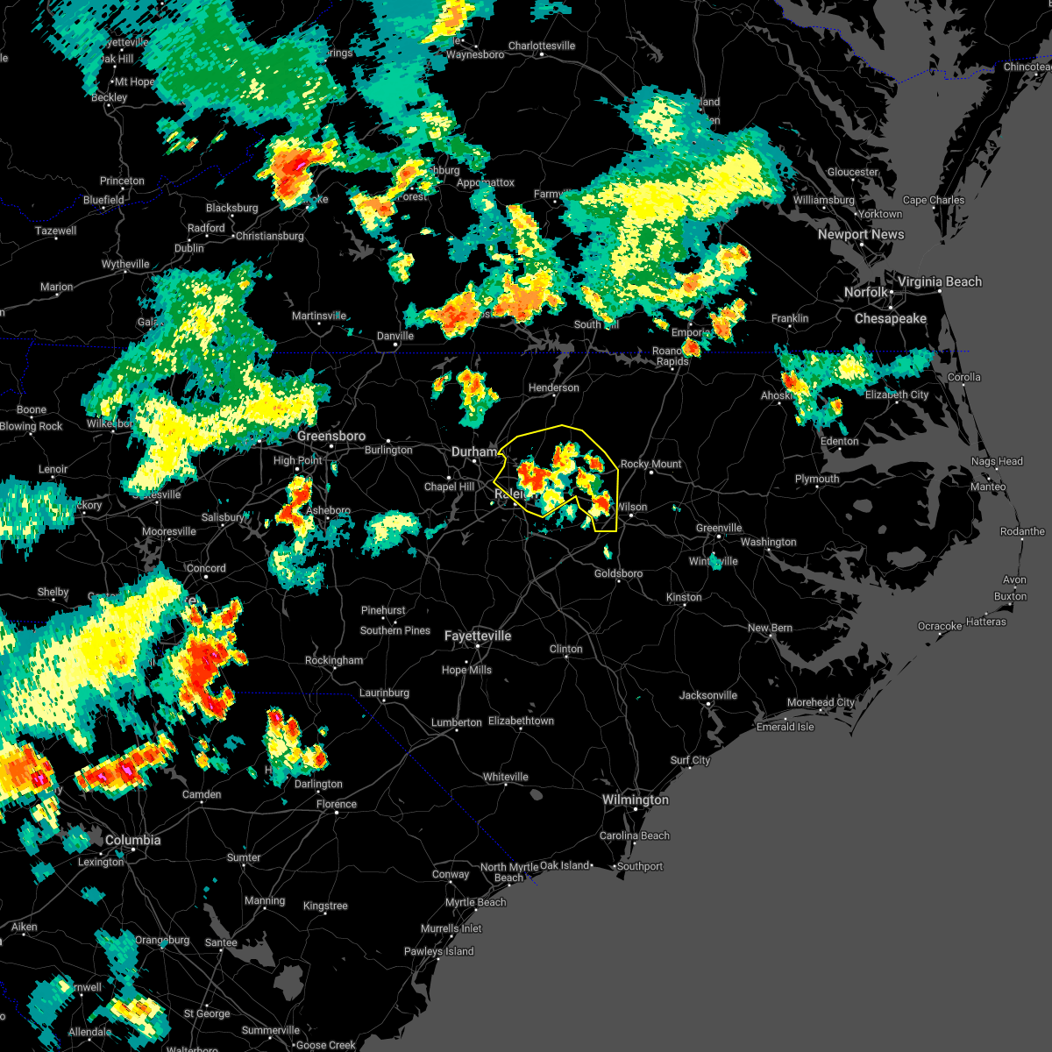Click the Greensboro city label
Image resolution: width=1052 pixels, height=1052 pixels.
tap(331, 436)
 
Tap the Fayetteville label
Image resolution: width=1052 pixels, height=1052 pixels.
tap(478, 636)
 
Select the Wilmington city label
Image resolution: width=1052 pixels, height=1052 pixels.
tap(636, 800)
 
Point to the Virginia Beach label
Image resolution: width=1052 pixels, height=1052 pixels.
tap(940, 281)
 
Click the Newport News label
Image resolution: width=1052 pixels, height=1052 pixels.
tap(861, 234)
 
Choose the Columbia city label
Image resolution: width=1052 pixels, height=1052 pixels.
tap(133, 840)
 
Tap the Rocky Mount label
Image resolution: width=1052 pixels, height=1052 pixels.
tap(651, 464)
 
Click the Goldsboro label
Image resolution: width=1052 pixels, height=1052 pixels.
tap(619, 573)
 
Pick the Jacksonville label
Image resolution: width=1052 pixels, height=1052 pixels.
tap(708, 695)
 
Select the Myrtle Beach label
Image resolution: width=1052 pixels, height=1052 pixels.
tap(476, 902)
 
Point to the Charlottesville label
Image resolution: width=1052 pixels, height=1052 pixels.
tap(542, 46)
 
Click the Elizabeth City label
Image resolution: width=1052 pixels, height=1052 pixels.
tap(897, 394)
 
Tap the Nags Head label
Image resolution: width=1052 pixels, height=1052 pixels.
tap(997, 461)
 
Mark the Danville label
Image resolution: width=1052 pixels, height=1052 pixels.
tap(395, 336)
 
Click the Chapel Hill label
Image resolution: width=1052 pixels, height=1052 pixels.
tap(449, 487)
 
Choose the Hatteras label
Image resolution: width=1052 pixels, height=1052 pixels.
tap(986, 622)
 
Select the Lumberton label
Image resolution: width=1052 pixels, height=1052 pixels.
tap(457, 722)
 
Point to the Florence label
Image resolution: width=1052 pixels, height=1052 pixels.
tap(337, 804)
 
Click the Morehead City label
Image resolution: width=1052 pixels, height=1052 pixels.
tap(821, 702)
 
